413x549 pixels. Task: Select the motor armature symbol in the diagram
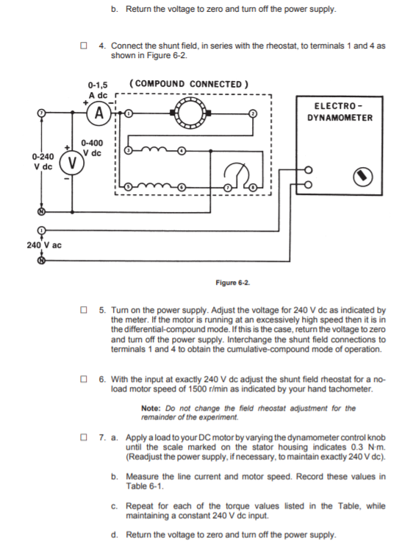tap(190, 114)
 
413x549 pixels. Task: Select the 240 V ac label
tap(46, 244)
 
